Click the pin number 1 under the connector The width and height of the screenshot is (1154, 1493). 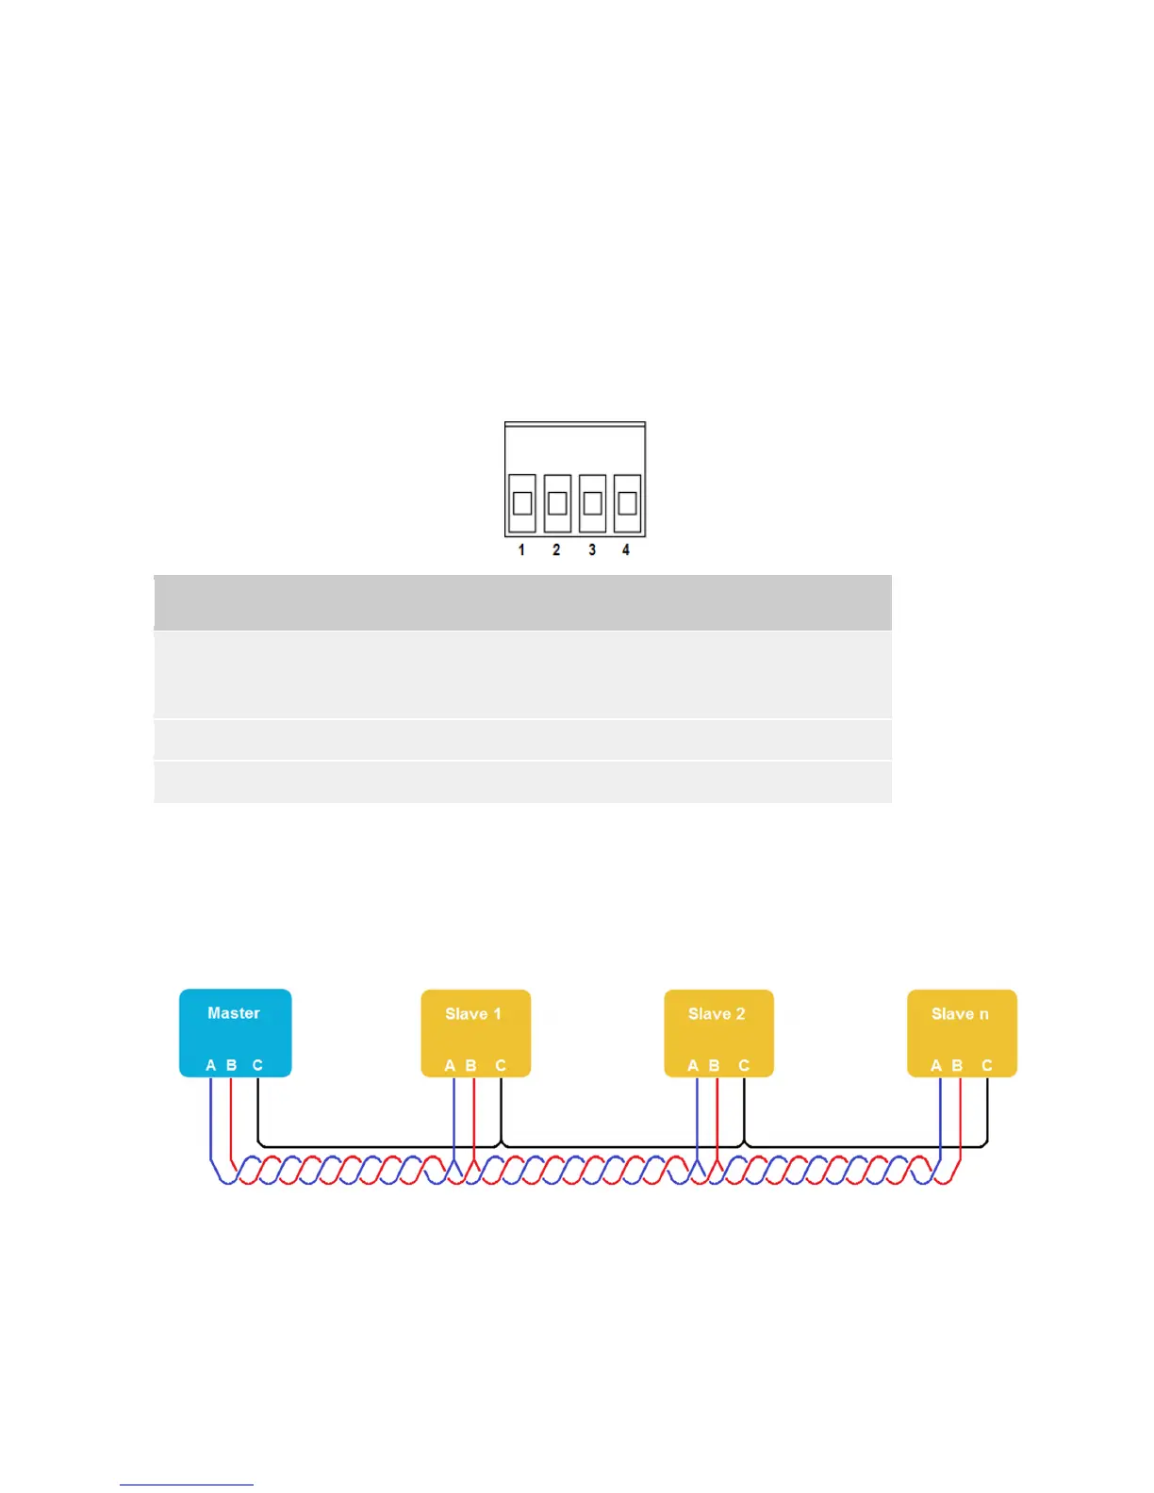click(521, 550)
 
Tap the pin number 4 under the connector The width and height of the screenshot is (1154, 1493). click(626, 550)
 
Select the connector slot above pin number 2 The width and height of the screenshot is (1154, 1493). click(557, 502)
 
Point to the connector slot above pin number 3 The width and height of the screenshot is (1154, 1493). click(592, 502)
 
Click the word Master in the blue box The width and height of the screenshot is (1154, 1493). click(234, 1013)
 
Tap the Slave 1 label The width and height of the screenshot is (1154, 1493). click(473, 1014)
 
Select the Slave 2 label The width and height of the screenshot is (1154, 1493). click(717, 1014)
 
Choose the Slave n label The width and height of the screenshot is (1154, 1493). click(960, 1014)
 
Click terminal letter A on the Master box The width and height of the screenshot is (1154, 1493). click(211, 1065)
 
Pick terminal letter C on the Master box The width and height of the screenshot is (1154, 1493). click(257, 1065)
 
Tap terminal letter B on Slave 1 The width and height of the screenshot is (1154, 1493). click(471, 1066)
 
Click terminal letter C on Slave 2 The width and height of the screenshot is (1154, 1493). click(744, 1066)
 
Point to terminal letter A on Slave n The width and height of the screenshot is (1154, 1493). click(936, 1066)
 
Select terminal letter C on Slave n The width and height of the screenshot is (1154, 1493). click(987, 1066)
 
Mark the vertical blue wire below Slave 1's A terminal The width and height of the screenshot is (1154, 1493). click(454, 1117)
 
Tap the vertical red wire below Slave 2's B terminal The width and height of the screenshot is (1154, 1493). click(717, 1117)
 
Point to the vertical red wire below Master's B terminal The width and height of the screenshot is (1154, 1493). click(231, 1117)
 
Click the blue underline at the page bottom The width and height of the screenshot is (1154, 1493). click(187, 1485)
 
